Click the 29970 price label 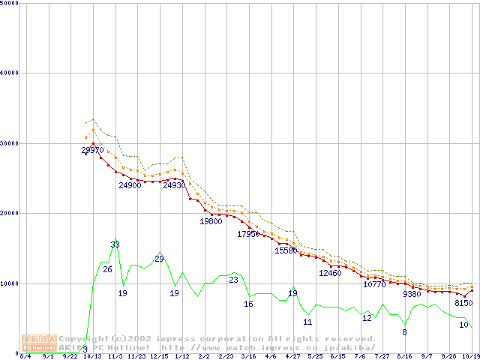pos(92,151)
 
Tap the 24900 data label pos(130,185)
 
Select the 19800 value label pos(211,221)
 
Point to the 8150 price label pos(464,303)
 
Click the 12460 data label pos(330,273)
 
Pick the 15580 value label pos(286,250)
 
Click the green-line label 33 pos(115,244)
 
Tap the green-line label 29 pos(159,259)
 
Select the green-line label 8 pos(404,331)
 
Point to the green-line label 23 pos(233,280)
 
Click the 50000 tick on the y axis pos(10,3)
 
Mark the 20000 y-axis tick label pos(10,213)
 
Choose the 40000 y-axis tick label pos(10,73)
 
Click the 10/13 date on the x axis pos(92,356)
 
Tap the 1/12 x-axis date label pos(181,356)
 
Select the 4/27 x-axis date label pos(292,356)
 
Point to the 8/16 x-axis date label pos(404,356)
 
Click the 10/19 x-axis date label pos(470,356)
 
